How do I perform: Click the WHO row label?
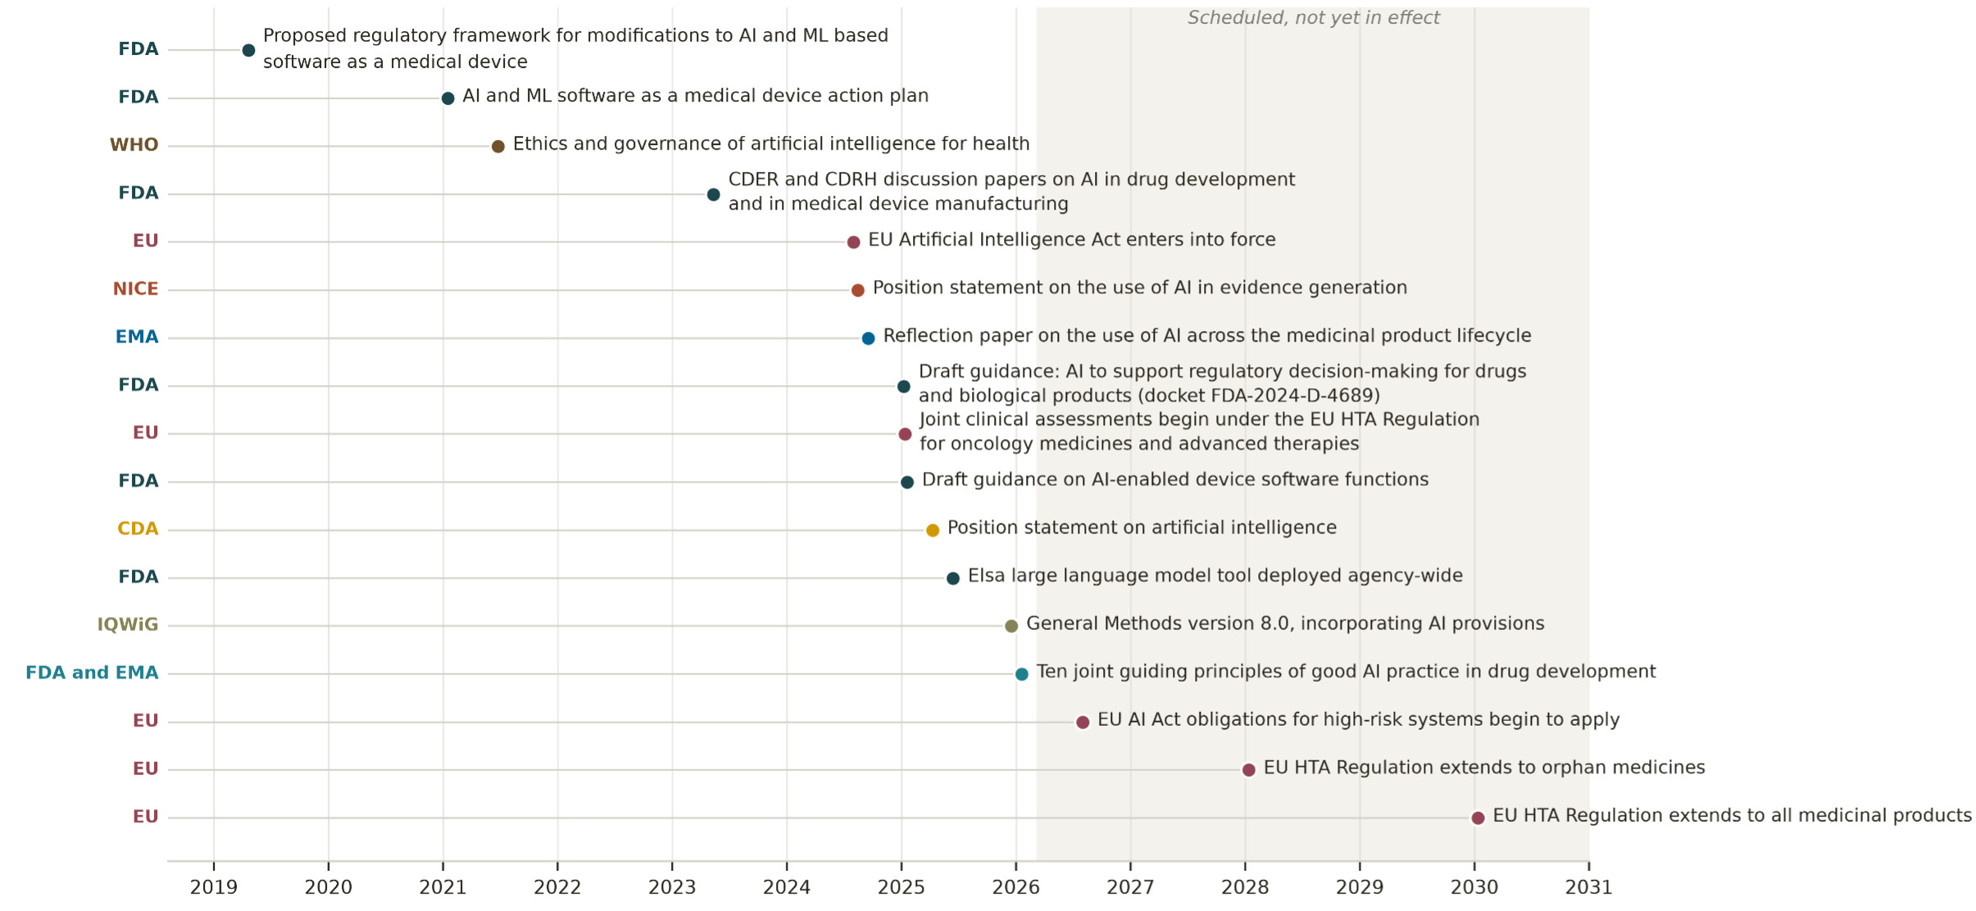point(134,146)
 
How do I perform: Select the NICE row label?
point(135,289)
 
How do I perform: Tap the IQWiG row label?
point(127,625)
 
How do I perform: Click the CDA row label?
point(138,529)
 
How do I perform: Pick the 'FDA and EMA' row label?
point(92,673)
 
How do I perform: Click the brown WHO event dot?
point(497,147)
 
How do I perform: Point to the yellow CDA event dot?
point(932,530)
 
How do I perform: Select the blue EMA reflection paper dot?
point(868,338)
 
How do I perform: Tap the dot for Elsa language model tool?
point(952,578)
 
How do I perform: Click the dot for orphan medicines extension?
point(1248,770)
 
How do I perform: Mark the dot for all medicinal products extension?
point(1478,818)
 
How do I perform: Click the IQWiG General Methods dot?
point(1011,626)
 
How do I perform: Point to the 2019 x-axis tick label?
point(214,888)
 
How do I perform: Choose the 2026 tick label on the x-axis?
point(1016,888)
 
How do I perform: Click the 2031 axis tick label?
point(1589,888)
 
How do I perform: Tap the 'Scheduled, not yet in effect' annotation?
point(1313,18)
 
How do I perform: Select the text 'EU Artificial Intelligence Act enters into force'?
point(1072,240)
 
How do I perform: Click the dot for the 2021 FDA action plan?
point(447,98)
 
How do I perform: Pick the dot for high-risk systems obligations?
point(1082,722)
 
